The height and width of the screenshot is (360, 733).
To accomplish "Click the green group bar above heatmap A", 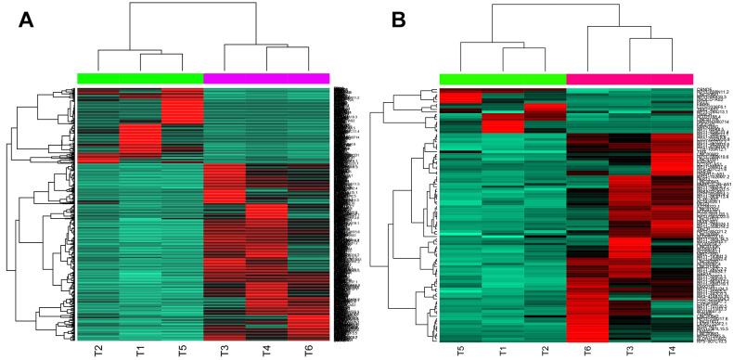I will pos(140,78).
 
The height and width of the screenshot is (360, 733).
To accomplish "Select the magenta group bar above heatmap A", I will pos(266,78).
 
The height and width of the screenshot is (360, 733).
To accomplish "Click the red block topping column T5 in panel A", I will pos(183,106).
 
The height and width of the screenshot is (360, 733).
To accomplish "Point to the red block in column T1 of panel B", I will pos(503,124).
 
